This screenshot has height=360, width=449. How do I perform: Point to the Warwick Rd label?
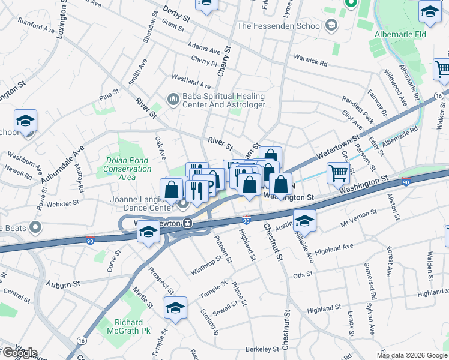pyautogui.click(x=310, y=59)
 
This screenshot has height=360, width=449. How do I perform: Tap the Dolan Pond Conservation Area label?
pyautogui.click(x=128, y=164)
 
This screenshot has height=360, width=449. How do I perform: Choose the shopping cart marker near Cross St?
pyautogui.click(x=338, y=173)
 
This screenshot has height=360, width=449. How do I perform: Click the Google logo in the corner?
pyautogui.click(x=19, y=353)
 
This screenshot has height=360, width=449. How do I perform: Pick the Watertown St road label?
pyautogui.click(x=334, y=149)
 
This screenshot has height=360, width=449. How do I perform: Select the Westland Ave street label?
pyautogui.click(x=191, y=82)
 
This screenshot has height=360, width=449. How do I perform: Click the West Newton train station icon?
pyautogui.click(x=188, y=223)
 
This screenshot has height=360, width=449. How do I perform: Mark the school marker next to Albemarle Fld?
pyautogui.click(x=430, y=13)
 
